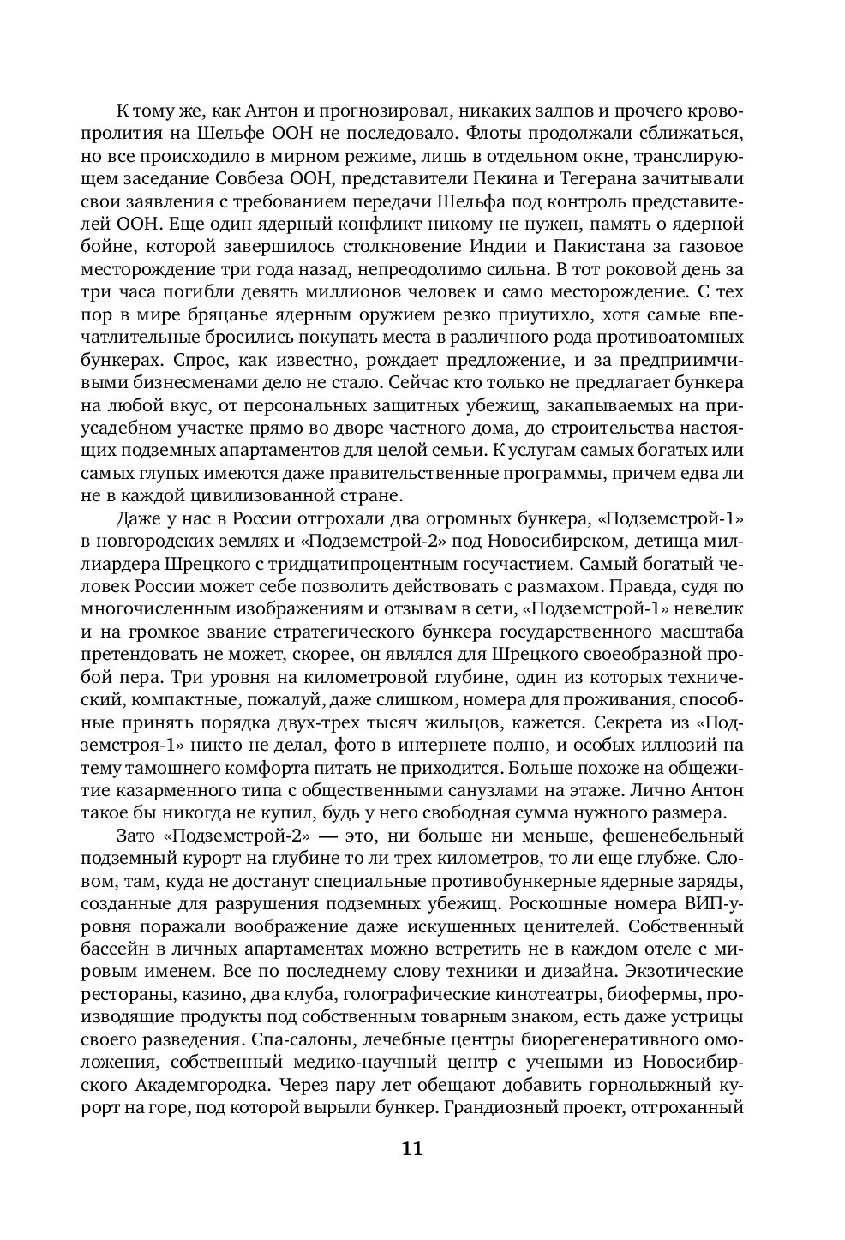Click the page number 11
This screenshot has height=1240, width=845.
pos(411,1149)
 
